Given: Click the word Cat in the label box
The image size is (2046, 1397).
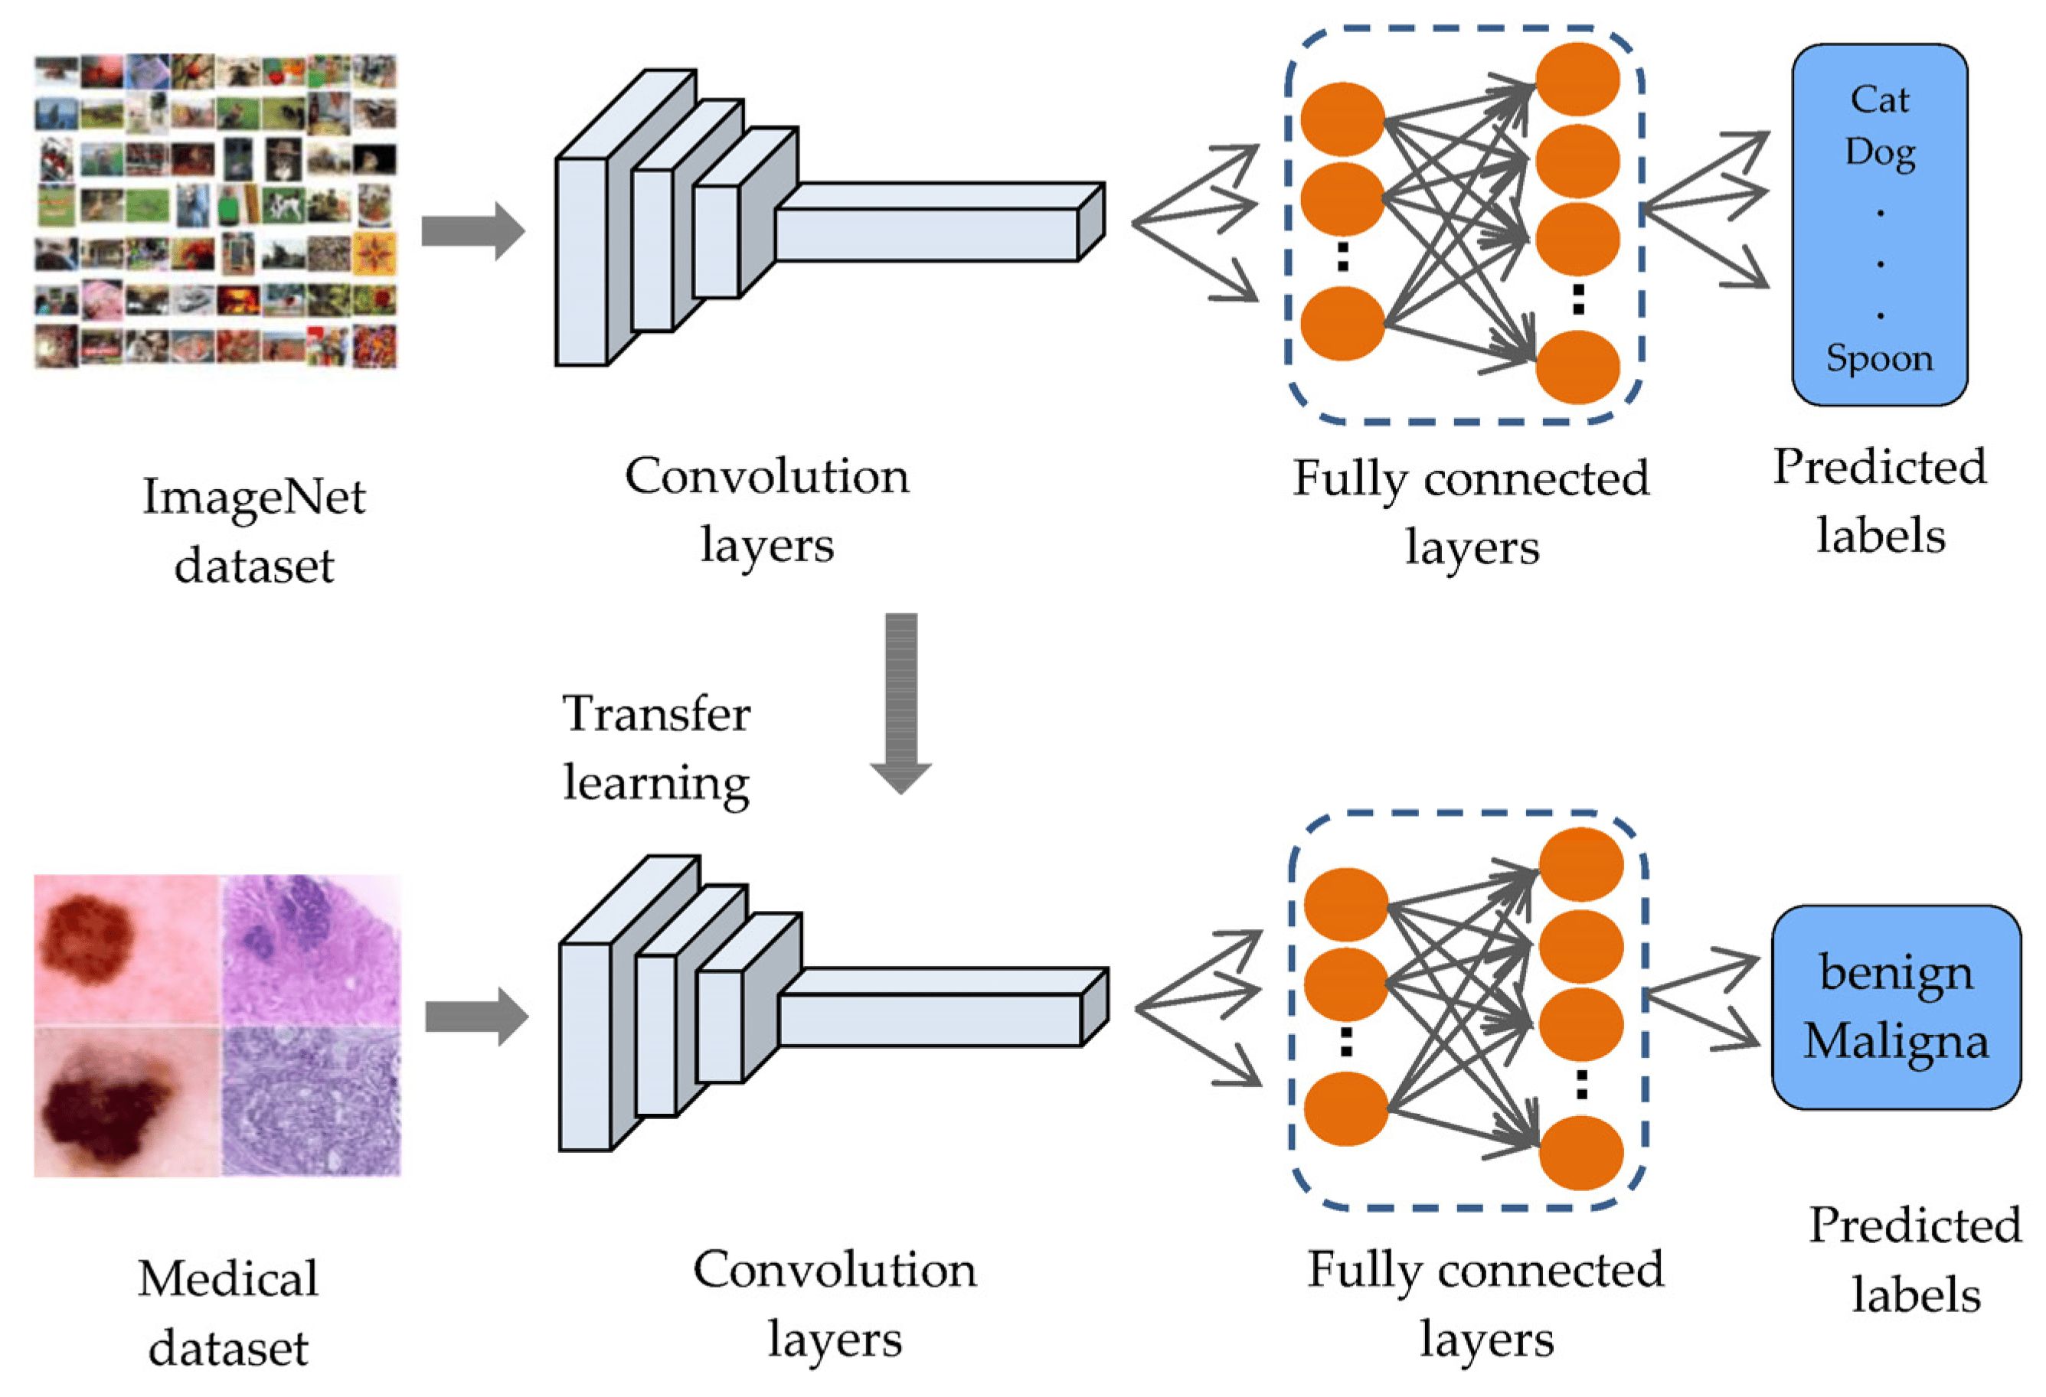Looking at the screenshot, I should tap(1879, 100).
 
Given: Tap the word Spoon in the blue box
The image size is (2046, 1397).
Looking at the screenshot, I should tap(1879, 357).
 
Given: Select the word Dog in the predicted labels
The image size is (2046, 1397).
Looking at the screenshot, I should tap(1879, 152).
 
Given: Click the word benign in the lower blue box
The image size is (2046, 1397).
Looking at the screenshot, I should tap(1895, 974).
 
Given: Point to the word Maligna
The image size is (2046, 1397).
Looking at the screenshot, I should tap(1895, 1040).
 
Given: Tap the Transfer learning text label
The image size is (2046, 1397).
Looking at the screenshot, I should tap(656, 747).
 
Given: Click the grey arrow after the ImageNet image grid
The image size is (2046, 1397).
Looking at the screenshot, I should tap(472, 231).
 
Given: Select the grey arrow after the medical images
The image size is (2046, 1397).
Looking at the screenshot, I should tap(476, 1017).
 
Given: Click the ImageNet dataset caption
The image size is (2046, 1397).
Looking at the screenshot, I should tap(253, 530).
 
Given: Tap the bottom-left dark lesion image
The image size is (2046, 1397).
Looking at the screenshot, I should tap(126, 1102).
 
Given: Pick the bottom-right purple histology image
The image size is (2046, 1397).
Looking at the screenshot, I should tap(310, 1102).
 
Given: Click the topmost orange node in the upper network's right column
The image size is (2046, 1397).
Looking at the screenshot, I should tap(1577, 79).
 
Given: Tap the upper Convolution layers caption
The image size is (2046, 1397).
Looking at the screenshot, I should tap(766, 510).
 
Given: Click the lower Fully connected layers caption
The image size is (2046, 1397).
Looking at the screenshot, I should tap(1485, 1304).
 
